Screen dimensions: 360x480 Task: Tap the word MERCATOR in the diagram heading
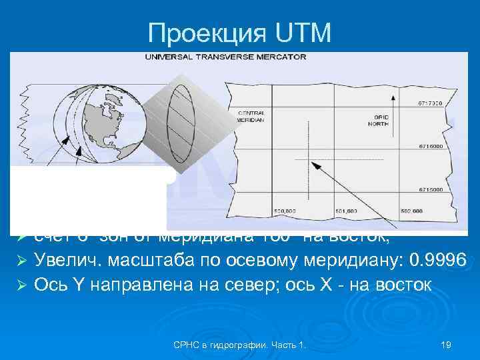284,57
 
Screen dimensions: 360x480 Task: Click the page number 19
447,344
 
